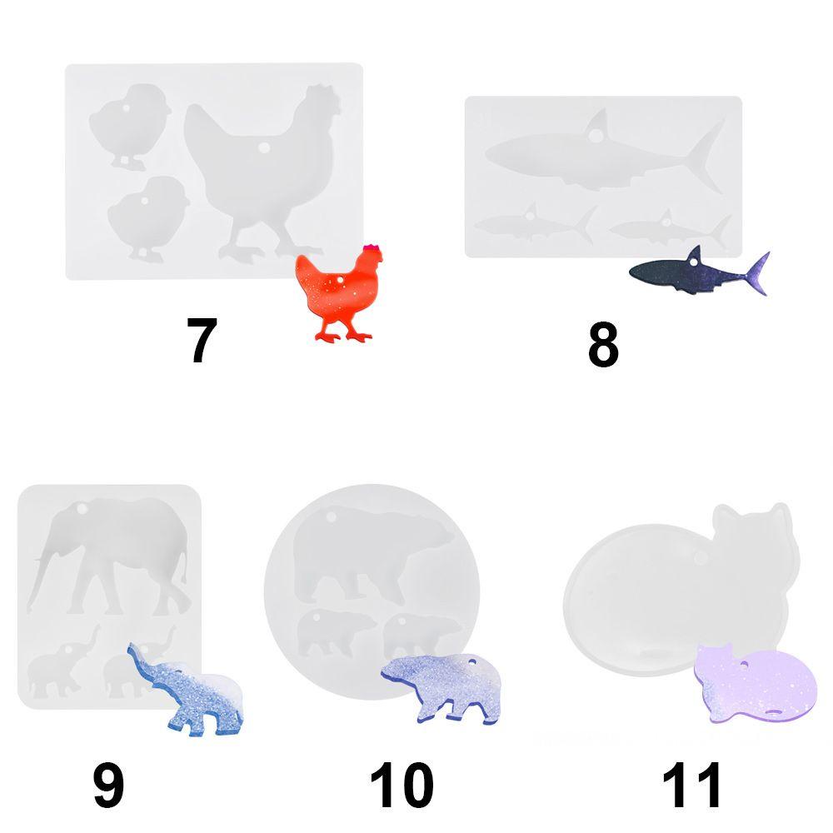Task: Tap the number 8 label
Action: [x=603, y=346]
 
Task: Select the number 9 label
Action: [x=108, y=786]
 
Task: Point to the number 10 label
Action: [x=402, y=786]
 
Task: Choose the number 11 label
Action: [x=691, y=786]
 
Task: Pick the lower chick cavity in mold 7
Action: [x=137, y=215]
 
